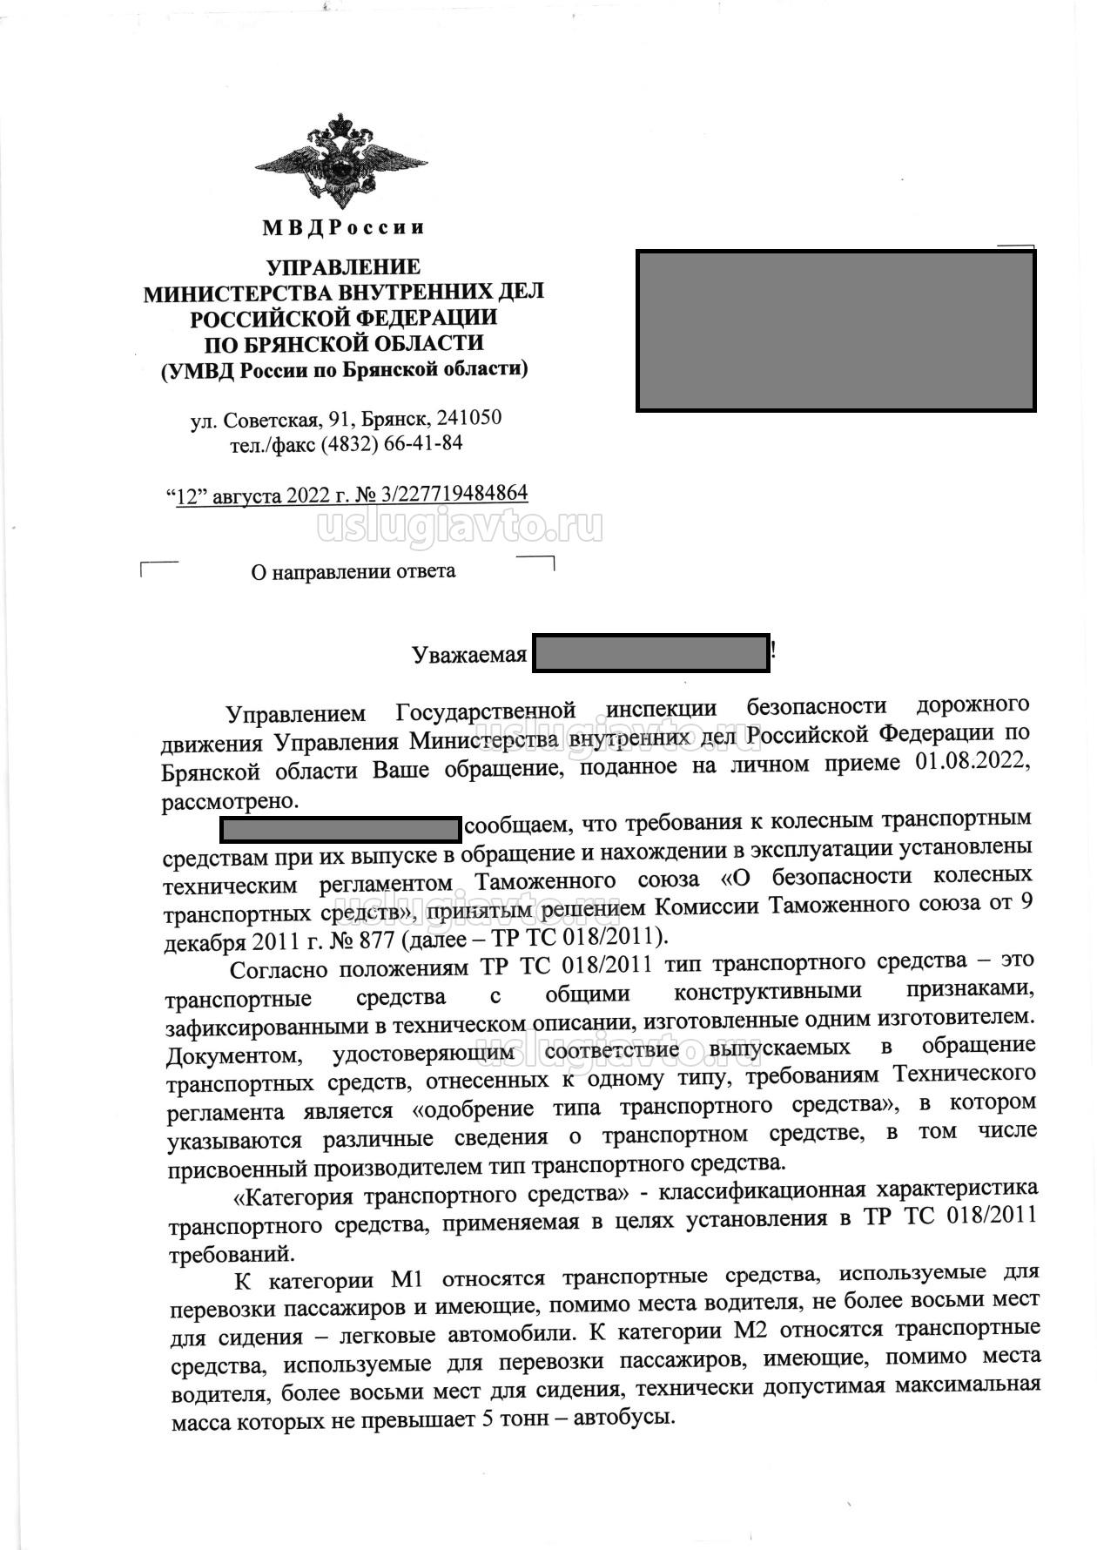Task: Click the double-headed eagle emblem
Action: (341, 160)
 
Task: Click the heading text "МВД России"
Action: (343, 228)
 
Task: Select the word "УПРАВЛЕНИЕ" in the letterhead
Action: (343, 267)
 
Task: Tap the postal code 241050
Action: (468, 419)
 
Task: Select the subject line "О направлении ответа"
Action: (353, 571)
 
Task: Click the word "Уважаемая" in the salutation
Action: (469, 655)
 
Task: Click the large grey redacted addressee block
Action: (836, 331)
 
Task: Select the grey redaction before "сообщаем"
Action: (340, 829)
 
